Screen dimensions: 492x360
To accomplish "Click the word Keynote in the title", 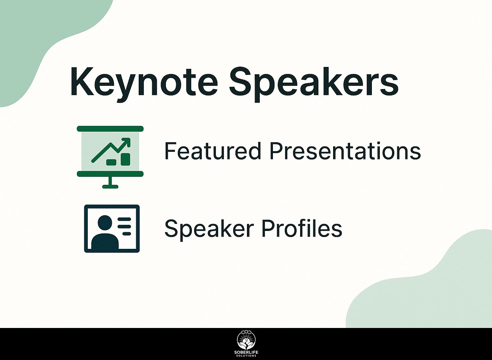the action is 144,85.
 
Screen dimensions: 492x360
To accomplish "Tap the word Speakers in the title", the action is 314,85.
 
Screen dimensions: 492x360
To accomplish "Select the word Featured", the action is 213,151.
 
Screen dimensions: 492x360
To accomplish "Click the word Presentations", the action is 345,151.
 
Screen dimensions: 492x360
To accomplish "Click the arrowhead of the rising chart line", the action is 126,142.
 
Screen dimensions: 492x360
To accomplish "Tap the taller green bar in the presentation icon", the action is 126,159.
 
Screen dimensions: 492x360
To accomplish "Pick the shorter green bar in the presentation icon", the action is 111,162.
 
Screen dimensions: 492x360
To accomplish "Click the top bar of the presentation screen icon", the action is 110,129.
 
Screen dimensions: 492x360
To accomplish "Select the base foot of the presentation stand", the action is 110,187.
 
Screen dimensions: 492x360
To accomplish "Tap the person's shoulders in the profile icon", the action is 105,241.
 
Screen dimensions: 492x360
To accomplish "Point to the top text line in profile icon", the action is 124,219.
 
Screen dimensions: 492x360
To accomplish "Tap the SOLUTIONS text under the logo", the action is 246,357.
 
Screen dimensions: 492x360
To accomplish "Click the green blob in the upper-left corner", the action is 33,39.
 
